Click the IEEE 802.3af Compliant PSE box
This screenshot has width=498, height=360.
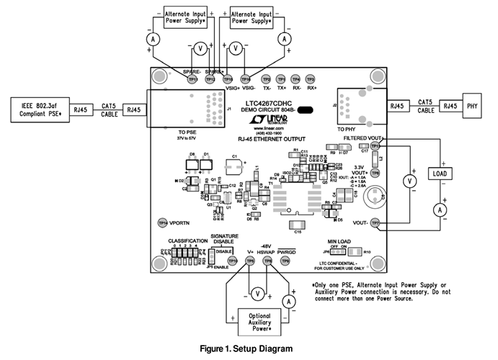coord(35,110)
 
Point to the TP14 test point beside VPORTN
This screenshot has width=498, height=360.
coord(163,223)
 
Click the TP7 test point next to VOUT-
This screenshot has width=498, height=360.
coord(375,224)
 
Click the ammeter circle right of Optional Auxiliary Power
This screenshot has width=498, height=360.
coord(288,300)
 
